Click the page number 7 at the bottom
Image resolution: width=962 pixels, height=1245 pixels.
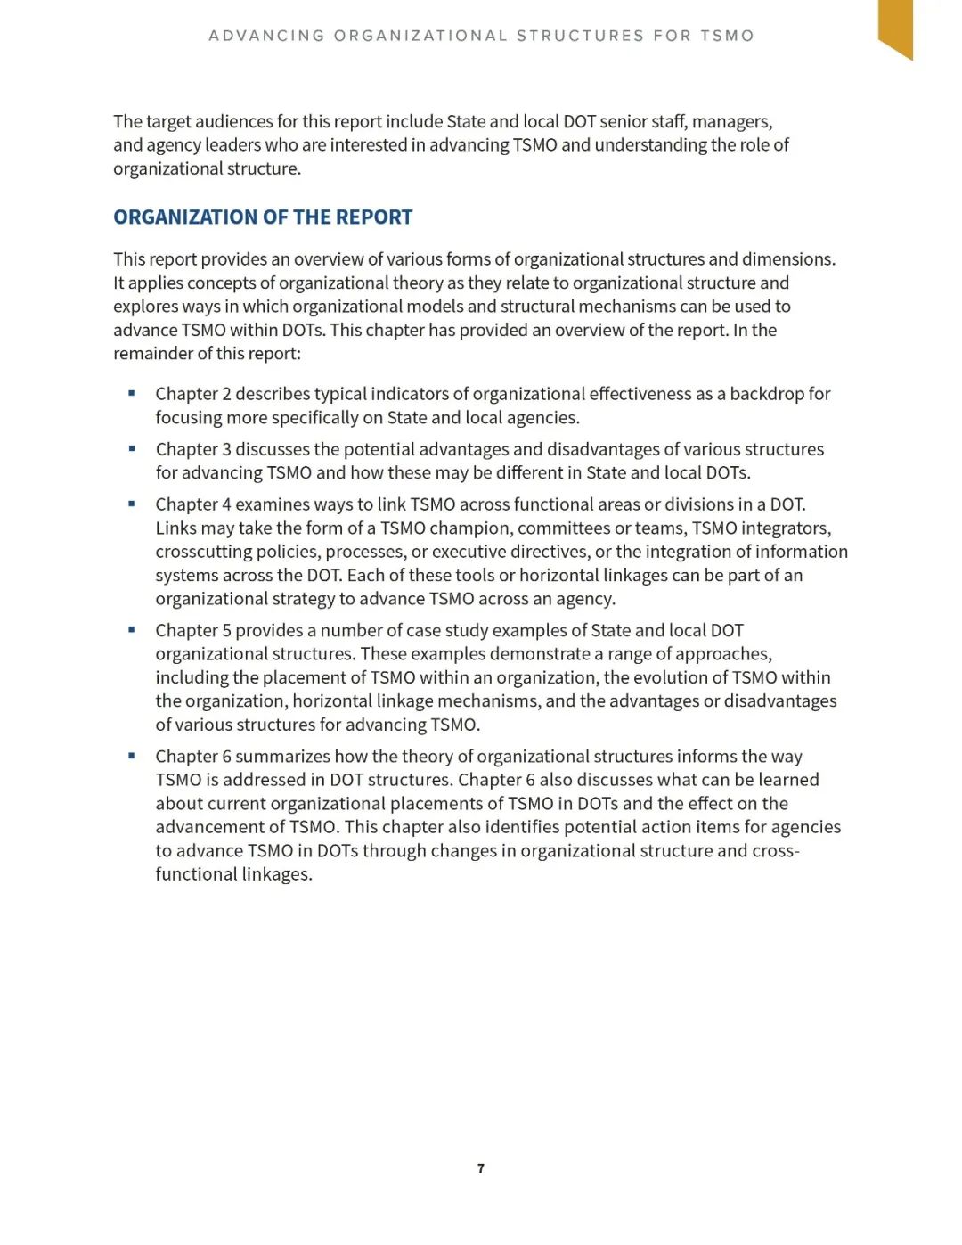(481, 1168)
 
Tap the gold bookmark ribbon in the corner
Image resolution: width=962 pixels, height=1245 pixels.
(895, 26)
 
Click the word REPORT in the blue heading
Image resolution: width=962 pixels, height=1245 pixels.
(375, 217)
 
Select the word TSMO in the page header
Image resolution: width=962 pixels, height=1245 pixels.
(727, 36)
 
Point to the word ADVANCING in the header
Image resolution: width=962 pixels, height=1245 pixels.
(266, 36)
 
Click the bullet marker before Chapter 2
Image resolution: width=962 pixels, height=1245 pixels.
(132, 393)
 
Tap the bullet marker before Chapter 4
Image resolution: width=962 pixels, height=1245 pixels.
(132, 504)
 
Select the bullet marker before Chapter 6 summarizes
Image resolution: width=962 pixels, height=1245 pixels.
(132, 756)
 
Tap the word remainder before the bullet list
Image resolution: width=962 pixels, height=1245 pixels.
(152, 354)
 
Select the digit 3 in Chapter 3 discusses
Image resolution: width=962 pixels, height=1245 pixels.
(226, 449)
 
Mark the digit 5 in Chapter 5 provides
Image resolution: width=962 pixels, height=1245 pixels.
(226, 631)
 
